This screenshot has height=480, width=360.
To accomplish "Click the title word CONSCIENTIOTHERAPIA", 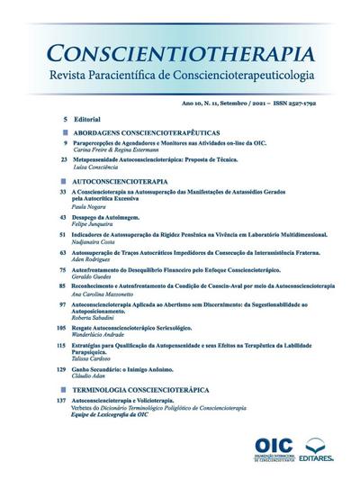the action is tap(180, 52).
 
